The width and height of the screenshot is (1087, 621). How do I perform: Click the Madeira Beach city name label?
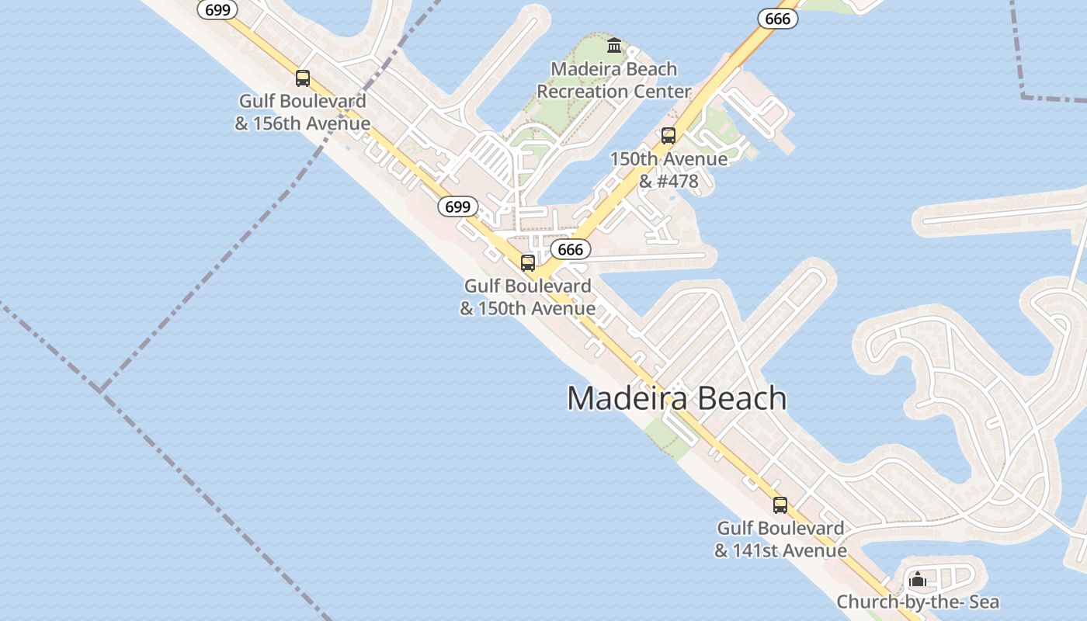pyautogui.click(x=676, y=398)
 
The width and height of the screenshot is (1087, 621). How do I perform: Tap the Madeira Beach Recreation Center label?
pyautogui.click(x=613, y=80)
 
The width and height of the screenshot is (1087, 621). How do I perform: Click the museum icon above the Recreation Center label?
pyautogui.click(x=614, y=46)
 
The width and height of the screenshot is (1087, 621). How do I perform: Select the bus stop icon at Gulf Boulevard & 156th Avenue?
pyautogui.click(x=303, y=78)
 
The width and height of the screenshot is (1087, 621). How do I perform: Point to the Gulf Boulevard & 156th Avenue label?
pyautogui.click(x=302, y=113)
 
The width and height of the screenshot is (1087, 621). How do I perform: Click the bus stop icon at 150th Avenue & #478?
pyautogui.click(x=669, y=136)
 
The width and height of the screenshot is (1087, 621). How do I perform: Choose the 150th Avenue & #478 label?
pyautogui.click(x=669, y=170)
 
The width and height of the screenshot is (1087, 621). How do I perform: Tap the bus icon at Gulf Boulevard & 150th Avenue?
pyautogui.click(x=528, y=263)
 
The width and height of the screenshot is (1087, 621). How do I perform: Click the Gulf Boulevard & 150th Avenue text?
pyautogui.click(x=528, y=297)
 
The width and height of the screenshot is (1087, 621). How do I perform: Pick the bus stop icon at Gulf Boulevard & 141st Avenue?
pyautogui.click(x=780, y=505)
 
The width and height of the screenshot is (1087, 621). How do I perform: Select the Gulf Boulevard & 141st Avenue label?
pyautogui.click(x=780, y=539)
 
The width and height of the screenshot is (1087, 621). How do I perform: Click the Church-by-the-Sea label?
pyautogui.click(x=918, y=602)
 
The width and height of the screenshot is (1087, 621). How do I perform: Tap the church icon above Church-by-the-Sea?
pyautogui.click(x=918, y=579)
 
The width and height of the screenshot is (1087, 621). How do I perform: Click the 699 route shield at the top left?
pyautogui.click(x=217, y=9)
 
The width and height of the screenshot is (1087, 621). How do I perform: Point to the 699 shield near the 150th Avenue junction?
pyautogui.click(x=458, y=206)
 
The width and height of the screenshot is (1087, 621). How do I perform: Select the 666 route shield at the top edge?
pyautogui.click(x=777, y=19)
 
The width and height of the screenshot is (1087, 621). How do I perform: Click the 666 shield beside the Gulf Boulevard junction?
pyautogui.click(x=571, y=249)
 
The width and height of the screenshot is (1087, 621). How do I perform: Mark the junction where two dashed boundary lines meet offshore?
pyautogui.click(x=100, y=388)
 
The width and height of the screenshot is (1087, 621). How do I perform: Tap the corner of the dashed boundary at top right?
pyautogui.click(x=1023, y=96)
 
